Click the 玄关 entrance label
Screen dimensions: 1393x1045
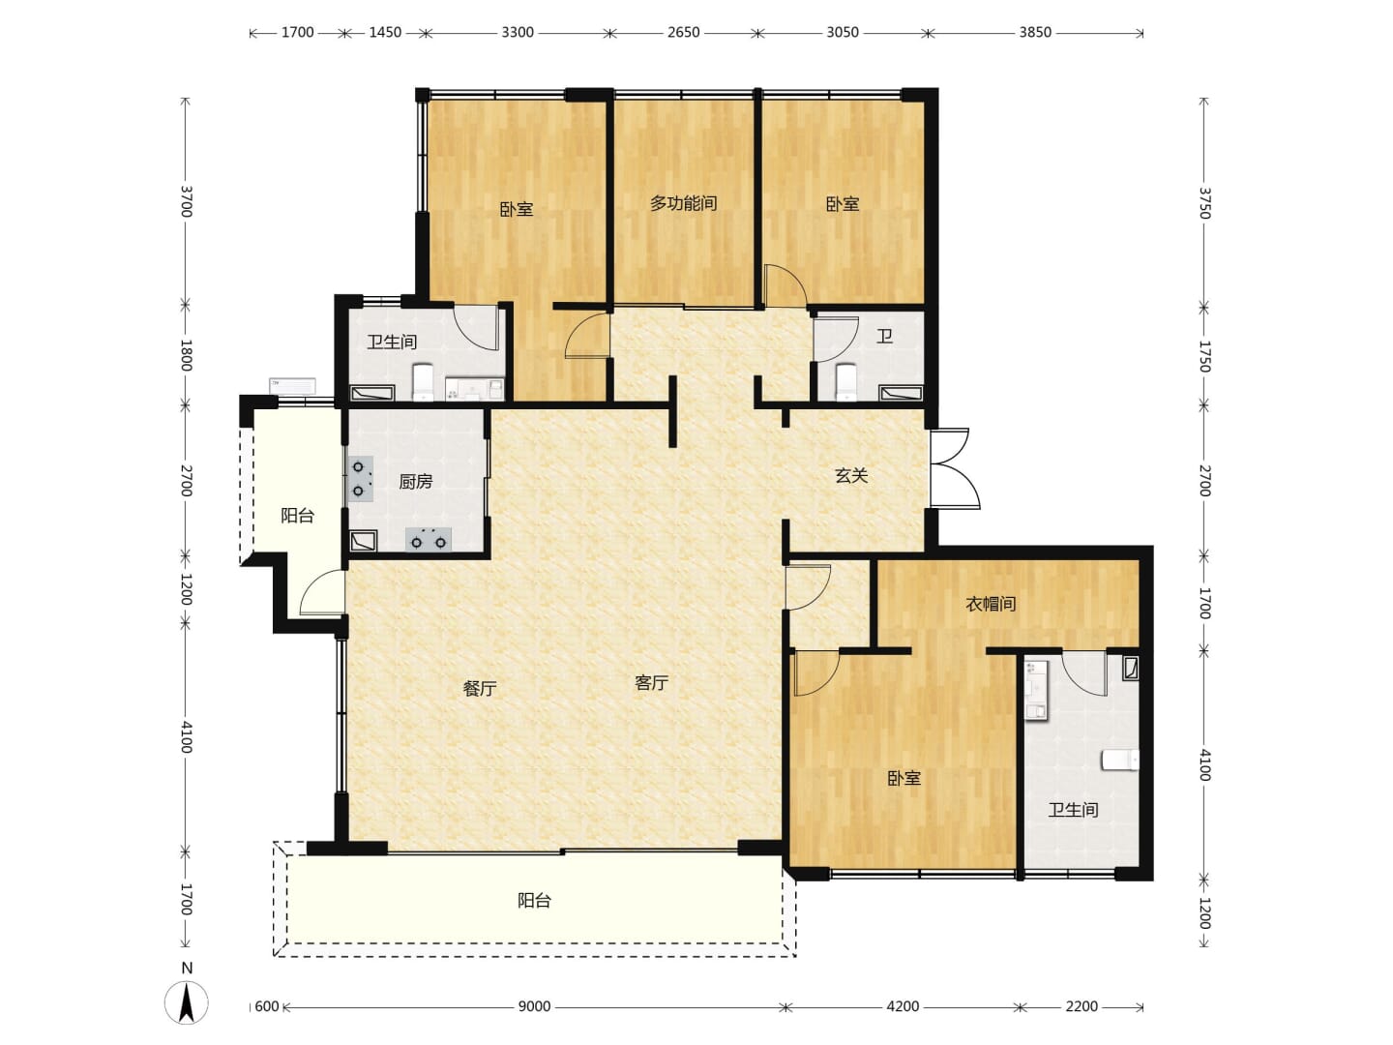click(850, 475)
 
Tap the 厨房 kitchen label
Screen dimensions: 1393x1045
click(416, 482)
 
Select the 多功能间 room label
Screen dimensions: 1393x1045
click(683, 203)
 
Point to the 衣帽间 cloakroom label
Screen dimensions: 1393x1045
click(991, 604)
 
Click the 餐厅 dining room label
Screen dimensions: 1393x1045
click(480, 688)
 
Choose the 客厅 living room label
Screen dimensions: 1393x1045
click(652, 683)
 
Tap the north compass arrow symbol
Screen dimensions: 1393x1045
click(187, 1001)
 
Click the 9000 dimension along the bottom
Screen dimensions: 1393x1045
click(534, 1006)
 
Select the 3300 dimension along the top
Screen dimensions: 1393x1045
click(518, 32)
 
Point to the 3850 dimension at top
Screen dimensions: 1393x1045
click(1035, 32)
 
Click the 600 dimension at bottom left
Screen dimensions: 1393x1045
click(267, 1006)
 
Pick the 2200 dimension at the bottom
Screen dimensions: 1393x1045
click(1082, 1006)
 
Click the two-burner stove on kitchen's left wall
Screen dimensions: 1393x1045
click(360, 478)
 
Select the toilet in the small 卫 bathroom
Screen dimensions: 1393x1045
click(846, 382)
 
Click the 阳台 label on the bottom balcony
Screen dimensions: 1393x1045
click(534, 900)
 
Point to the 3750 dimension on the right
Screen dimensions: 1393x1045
click(1204, 203)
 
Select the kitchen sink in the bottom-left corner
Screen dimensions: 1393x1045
click(364, 541)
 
